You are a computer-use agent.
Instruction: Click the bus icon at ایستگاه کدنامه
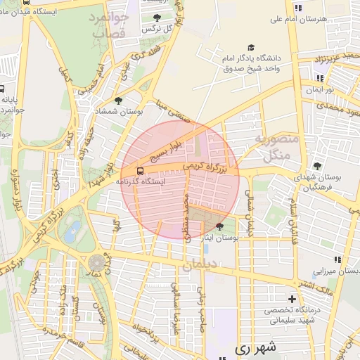pos(140,171)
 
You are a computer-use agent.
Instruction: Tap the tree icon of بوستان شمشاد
pos(117,101)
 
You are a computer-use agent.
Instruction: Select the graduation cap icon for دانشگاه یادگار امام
pos(251,46)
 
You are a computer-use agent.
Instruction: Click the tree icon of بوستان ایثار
pos(220,226)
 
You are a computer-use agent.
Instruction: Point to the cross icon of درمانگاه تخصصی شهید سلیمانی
pos(292,299)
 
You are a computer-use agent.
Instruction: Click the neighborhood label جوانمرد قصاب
pos(108,25)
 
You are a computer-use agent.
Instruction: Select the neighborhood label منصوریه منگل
pos(276,148)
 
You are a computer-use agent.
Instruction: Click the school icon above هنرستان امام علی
pos(298,8)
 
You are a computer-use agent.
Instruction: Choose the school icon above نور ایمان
pos(321,79)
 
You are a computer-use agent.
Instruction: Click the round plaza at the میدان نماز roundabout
pos(96,262)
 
